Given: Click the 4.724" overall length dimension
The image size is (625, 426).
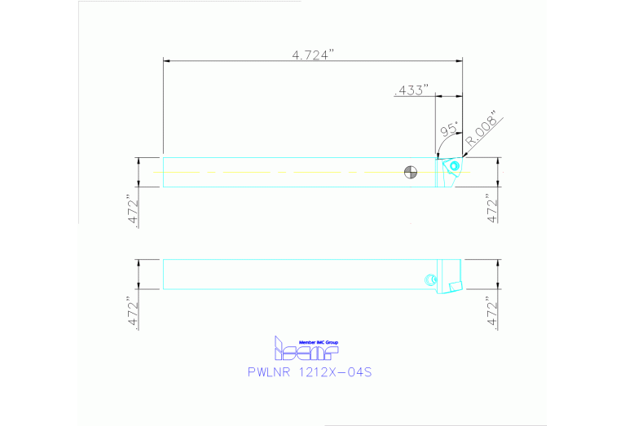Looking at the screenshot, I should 314,55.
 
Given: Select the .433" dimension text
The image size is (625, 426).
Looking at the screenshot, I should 411,90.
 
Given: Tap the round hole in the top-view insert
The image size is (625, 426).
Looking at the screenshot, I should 453,168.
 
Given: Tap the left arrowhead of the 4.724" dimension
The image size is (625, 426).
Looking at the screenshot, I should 167,60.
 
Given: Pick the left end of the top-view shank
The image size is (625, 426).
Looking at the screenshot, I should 165,172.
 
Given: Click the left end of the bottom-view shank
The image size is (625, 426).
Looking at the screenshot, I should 165,274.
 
